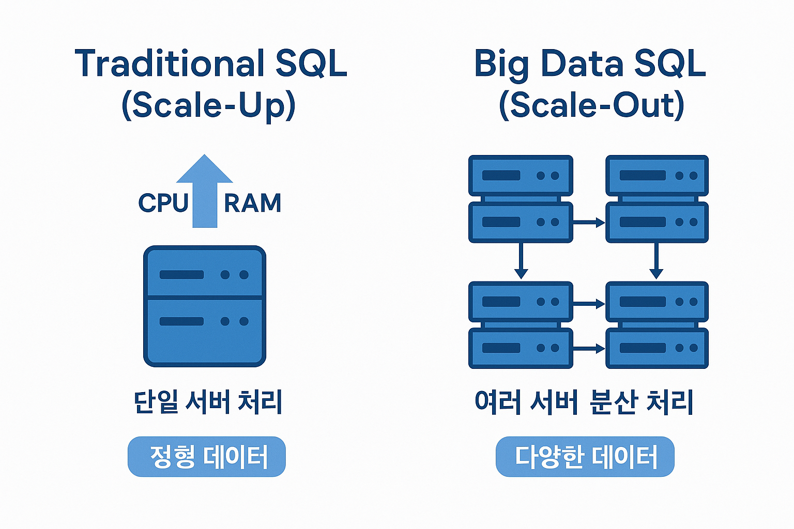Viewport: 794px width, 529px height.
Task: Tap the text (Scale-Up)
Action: [x=208, y=105]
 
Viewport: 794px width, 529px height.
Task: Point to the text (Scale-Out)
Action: [x=591, y=105]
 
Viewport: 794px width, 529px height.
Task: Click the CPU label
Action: [x=163, y=203]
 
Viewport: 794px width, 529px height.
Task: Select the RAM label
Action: [x=253, y=203]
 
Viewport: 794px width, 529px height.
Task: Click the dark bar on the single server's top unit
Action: [x=181, y=275]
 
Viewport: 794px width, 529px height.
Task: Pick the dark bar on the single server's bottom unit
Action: [x=181, y=321]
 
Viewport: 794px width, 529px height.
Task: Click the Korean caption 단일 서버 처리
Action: [x=208, y=402]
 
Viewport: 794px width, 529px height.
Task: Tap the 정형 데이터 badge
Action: [x=207, y=457]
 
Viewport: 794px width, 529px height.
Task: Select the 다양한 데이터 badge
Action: [x=585, y=457]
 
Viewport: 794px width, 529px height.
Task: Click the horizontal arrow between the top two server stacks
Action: [x=589, y=223]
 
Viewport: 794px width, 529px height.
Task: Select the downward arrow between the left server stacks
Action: [x=521, y=261]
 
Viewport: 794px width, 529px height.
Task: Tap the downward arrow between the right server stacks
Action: [x=656, y=261]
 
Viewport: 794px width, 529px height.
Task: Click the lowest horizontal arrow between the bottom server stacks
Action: [x=589, y=349]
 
